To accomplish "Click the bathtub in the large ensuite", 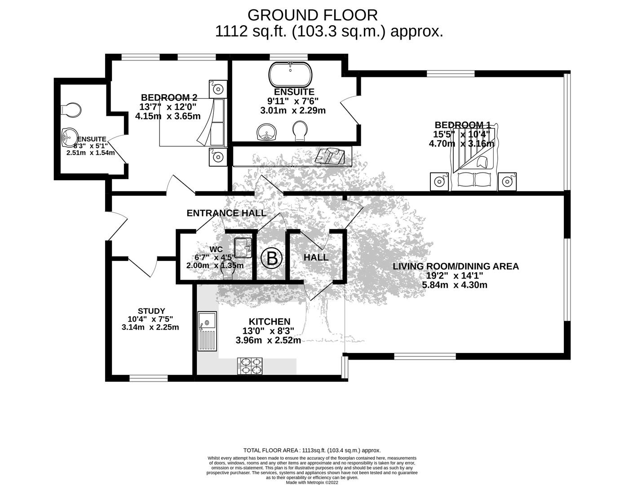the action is (x=290, y=74).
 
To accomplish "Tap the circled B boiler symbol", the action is (x=272, y=259).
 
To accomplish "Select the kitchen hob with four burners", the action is (x=249, y=366).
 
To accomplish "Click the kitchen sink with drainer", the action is (x=207, y=331).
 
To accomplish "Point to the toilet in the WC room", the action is (x=228, y=272).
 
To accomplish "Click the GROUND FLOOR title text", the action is (x=312, y=15).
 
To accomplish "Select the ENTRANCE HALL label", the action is (x=226, y=213).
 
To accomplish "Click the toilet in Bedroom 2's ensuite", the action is (x=72, y=110).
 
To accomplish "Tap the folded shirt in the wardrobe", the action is (x=330, y=156).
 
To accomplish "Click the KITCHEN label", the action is (x=270, y=322).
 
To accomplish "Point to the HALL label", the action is (x=316, y=257).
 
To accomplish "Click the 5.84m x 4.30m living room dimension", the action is (x=455, y=285).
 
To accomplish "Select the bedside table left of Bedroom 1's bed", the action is (x=439, y=181).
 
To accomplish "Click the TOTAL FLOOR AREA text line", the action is (x=312, y=450).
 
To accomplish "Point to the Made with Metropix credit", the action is (x=312, y=483).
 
